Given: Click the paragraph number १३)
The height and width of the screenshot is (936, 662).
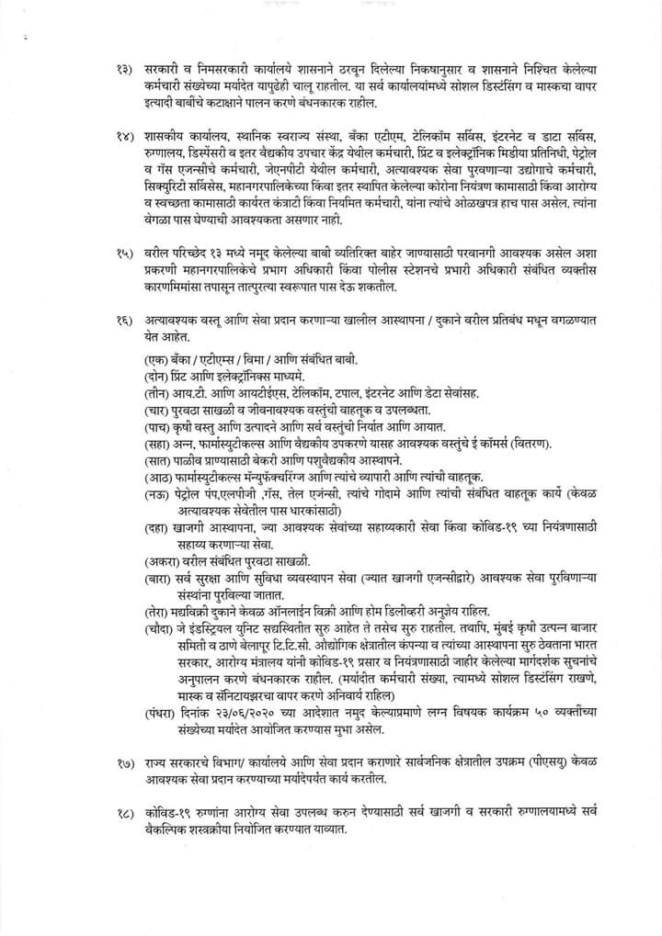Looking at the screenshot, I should [123, 70].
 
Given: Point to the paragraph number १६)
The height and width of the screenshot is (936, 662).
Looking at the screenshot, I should [123, 320].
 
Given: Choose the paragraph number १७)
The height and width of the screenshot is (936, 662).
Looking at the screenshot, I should [123, 763].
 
